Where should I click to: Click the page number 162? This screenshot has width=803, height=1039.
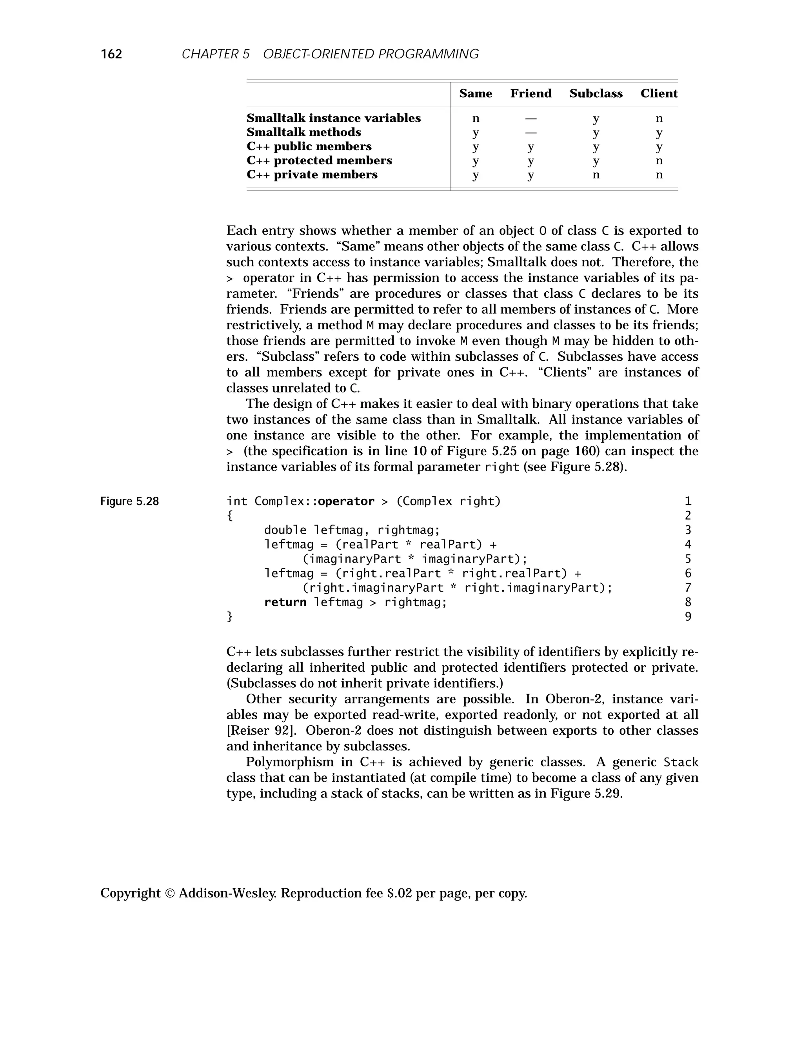111,54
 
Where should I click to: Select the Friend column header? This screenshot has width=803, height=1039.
531,94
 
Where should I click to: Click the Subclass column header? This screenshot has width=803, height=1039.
596,94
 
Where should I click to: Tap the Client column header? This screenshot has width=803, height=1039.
658,94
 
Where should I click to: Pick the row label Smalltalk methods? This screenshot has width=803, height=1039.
303,132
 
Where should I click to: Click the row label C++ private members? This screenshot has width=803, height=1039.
312,174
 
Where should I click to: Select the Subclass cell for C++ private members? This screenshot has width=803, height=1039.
596,174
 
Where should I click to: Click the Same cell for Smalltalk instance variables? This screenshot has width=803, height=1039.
475,118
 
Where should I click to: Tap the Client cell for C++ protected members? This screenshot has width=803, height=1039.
659,160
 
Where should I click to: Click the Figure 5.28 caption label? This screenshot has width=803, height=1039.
129,501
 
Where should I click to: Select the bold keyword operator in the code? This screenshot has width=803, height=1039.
346,501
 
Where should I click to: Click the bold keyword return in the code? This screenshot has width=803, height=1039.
285,602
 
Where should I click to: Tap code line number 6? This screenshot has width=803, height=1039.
688,573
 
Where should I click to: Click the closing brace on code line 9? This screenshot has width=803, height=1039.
230,617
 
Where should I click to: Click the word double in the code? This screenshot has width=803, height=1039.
285,530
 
